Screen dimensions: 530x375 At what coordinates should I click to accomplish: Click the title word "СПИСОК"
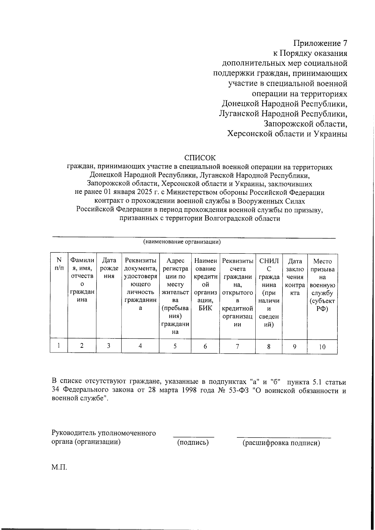pos(200,158)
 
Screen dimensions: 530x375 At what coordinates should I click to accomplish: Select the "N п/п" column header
pos(59,264)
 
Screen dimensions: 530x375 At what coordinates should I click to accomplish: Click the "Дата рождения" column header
pos(109,268)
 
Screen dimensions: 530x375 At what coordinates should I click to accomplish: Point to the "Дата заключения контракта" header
pos(295,277)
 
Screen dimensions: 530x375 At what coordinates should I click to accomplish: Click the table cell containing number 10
pos(322,347)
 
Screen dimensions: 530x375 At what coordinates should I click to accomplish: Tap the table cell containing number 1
pos(58,346)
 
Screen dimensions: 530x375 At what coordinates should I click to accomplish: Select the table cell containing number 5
pos(175,346)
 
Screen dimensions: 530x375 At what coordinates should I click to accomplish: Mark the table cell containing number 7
pos(237,346)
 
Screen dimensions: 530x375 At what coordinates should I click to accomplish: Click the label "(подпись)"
pos(193,442)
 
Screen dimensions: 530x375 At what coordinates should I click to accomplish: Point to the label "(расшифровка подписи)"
pos(281,443)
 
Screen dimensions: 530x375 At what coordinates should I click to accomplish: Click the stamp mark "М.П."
pos(59,467)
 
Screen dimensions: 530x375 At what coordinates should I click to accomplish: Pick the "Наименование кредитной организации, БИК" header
pos(205,284)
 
